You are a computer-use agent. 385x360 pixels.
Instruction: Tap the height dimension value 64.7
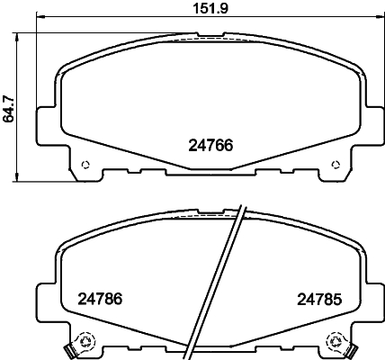click(x=9, y=104)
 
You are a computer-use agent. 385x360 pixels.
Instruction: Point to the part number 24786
click(x=99, y=300)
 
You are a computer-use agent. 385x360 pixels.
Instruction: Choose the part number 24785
click(x=320, y=300)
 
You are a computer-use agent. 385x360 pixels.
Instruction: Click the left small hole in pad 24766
click(x=85, y=165)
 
